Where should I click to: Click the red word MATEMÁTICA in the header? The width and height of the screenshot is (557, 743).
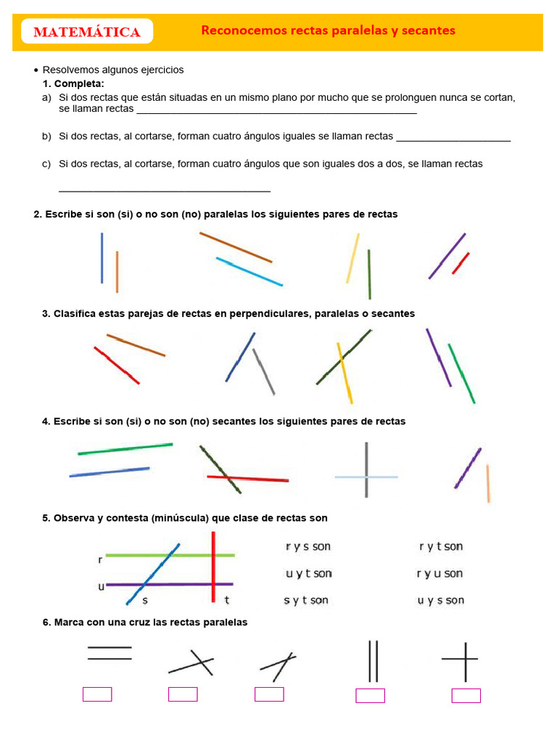[x=87, y=32]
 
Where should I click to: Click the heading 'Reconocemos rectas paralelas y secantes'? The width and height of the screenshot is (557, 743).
[x=328, y=30]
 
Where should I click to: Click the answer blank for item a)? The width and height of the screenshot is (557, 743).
[x=276, y=112]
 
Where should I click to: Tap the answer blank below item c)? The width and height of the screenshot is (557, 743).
[x=164, y=189]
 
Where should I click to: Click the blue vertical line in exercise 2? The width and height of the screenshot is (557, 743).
[x=102, y=258]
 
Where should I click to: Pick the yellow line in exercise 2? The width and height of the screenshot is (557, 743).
[x=352, y=258]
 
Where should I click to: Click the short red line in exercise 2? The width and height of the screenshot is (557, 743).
[x=461, y=263]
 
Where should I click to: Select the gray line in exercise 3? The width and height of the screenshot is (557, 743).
[x=264, y=371]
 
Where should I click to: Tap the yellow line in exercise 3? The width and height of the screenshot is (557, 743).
[x=344, y=373]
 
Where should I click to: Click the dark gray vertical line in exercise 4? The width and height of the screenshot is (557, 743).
[x=366, y=469]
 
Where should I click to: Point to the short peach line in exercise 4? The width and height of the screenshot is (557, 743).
[x=488, y=483]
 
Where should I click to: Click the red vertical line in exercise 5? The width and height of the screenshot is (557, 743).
[x=213, y=566]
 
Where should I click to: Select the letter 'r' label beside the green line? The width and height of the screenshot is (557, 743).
[x=99, y=560]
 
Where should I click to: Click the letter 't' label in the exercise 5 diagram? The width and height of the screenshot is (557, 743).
[x=227, y=600]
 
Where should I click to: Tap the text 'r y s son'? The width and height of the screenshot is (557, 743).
[x=308, y=546]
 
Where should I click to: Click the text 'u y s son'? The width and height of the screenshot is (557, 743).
[x=441, y=600]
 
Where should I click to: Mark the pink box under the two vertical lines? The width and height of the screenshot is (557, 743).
[x=370, y=696]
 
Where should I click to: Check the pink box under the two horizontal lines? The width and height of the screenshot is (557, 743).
[x=97, y=694]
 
